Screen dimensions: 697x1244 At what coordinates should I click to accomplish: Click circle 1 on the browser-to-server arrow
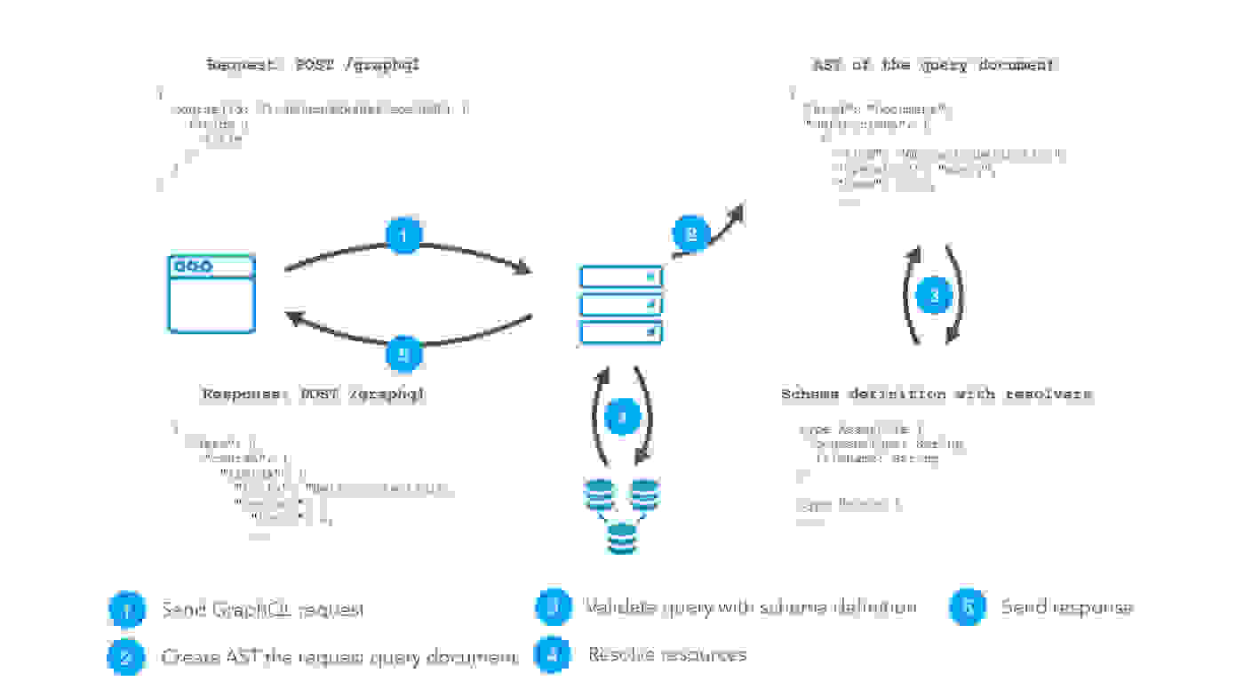(x=403, y=236)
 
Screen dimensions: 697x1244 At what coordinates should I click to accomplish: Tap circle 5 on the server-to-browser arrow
(x=403, y=354)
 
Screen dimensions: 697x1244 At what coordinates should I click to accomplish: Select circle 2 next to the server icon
(x=690, y=235)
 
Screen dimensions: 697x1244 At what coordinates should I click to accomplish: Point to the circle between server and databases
(x=622, y=415)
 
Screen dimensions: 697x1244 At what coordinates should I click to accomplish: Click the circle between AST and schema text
(x=933, y=296)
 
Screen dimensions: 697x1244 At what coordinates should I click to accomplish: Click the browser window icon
(x=211, y=293)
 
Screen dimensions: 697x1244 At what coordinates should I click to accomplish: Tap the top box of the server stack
(x=621, y=276)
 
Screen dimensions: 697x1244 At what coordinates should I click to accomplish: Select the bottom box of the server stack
(x=621, y=332)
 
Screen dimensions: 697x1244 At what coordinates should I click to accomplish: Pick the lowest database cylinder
(x=622, y=538)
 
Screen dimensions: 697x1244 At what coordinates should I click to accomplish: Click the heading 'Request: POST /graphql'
(x=313, y=65)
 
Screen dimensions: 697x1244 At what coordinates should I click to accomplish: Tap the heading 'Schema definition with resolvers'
(x=937, y=394)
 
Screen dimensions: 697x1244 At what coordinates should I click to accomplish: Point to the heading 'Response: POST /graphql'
(x=314, y=394)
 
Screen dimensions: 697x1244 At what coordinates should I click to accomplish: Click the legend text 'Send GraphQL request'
(x=262, y=610)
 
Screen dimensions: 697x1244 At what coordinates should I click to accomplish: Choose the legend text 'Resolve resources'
(x=666, y=655)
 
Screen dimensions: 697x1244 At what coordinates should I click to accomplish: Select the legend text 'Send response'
(x=1066, y=608)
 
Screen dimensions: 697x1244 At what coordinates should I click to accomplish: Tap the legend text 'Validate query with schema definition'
(x=750, y=608)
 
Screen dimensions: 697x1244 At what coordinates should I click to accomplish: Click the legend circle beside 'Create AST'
(x=125, y=657)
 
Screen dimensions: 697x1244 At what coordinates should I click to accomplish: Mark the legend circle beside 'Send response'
(x=967, y=607)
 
